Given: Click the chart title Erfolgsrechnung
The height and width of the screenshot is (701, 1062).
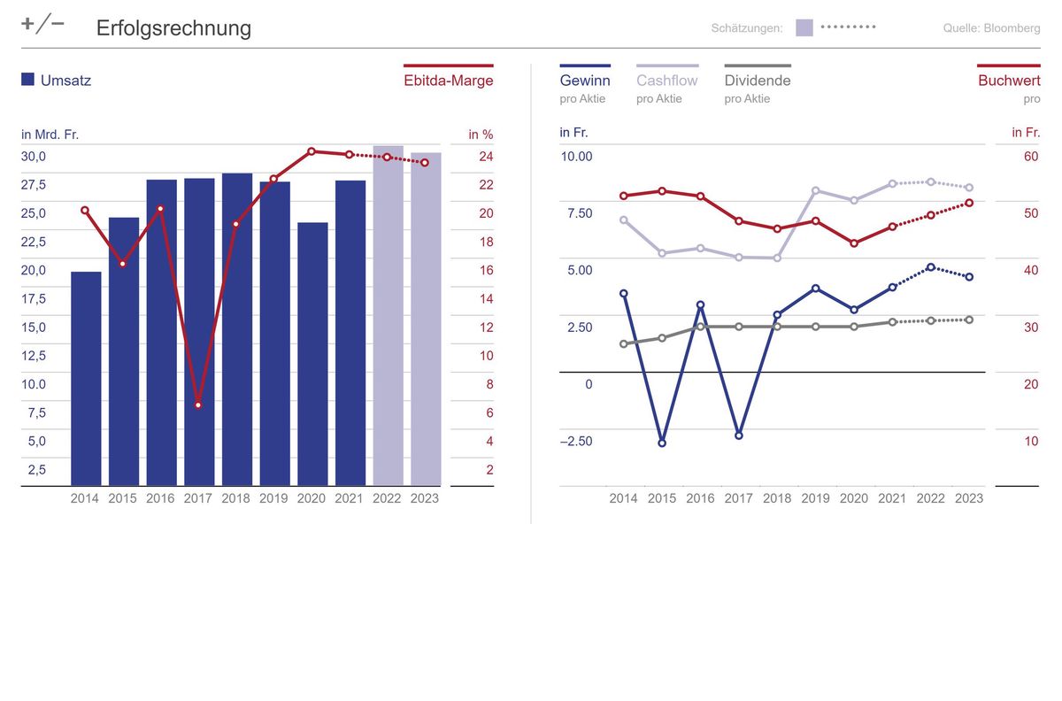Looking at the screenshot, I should (x=173, y=28).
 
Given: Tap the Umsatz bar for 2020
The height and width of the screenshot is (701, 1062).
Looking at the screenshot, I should (x=312, y=354).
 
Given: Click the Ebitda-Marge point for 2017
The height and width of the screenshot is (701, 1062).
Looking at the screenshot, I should (x=198, y=404).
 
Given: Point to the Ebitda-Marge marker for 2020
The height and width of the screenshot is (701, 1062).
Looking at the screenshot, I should (x=312, y=151).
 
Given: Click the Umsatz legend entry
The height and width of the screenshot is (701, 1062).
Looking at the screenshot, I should (x=57, y=81).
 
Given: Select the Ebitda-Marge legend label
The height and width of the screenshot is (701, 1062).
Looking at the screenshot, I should (x=448, y=81).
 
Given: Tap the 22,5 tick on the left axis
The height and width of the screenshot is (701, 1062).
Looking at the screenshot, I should (x=34, y=242).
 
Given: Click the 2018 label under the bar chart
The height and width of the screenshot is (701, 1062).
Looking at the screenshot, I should (x=235, y=498).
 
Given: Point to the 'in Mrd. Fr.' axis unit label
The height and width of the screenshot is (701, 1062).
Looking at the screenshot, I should (x=50, y=135).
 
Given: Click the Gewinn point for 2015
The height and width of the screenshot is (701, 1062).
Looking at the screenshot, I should (x=662, y=443).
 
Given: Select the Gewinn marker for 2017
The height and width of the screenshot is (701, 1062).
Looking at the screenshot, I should (x=739, y=435).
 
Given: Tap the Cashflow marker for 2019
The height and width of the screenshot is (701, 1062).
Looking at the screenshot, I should (x=815, y=190).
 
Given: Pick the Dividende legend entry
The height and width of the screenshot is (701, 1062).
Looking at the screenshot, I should (x=757, y=81).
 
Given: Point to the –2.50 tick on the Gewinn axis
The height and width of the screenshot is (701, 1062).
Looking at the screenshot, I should (x=576, y=441).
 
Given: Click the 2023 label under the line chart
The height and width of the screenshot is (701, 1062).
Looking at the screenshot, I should (x=969, y=498).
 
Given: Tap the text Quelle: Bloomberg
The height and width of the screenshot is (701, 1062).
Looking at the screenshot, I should (x=991, y=28).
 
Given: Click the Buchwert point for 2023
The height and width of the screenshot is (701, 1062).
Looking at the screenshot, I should (x=969, y=203).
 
